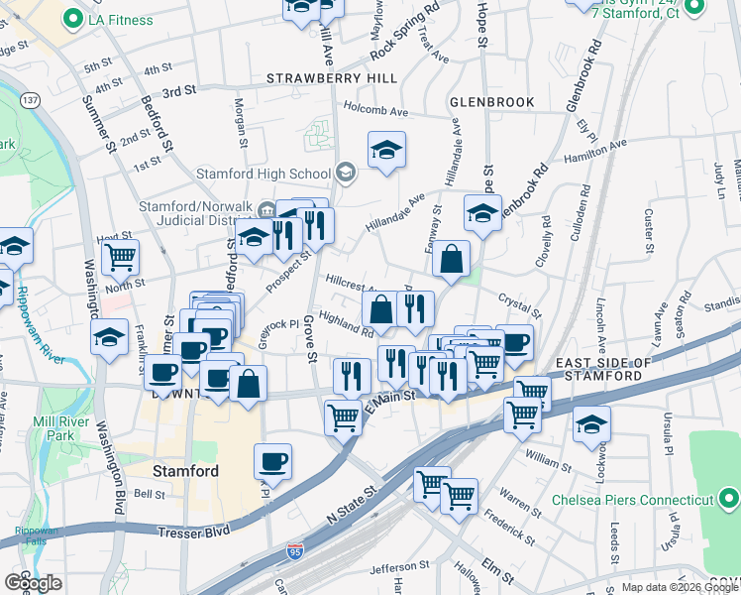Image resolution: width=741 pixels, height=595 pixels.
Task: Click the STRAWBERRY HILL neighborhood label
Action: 332,78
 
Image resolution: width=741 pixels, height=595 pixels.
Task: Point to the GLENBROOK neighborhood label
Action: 491,102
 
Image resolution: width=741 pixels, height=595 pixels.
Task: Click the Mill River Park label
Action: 67,428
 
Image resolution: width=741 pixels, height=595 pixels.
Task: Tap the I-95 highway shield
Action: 293,548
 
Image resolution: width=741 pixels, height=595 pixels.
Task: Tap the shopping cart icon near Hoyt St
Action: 120,258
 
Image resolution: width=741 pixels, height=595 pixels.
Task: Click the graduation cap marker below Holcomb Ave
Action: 386,151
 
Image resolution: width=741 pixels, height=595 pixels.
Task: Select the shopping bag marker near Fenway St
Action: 451,260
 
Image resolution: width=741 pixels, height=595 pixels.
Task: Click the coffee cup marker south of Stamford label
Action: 272,461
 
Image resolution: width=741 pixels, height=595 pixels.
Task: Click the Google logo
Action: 33,582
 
